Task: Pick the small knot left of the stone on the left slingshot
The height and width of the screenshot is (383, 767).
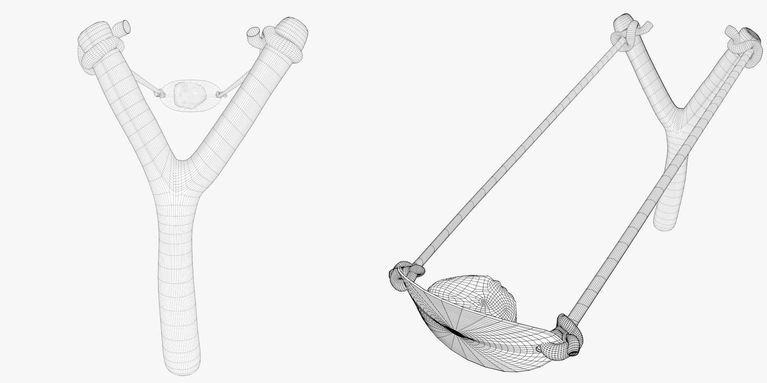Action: click(x=159, y=94)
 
